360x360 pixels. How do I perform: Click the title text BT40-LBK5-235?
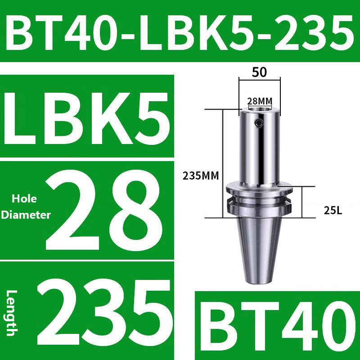click(x=180, y=31)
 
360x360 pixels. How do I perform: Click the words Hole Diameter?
click(x=26, y=207)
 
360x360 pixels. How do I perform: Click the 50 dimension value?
click(x=260, y=72)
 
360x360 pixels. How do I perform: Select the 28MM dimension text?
click(x=260, y=101)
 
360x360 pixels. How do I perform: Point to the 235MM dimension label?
click(x=201, y=176)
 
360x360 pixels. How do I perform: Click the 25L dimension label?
click(x=333, y=209)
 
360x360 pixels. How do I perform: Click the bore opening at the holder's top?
click(x=260, y=108)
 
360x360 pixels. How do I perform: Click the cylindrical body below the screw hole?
click(x=260, y=157)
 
